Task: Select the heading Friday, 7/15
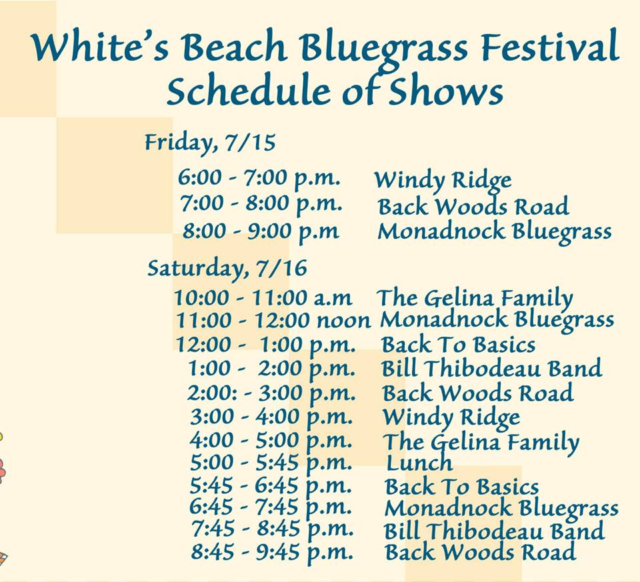coord(210,143)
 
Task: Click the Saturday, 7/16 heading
coord(227,269)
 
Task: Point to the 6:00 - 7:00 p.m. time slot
coord(259,179)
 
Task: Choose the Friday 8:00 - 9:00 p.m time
coord(261,231)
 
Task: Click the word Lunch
coord(419,463)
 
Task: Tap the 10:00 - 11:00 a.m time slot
coord(263,297)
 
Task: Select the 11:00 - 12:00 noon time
coord(273,321)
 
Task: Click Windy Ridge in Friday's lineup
coord(443,181)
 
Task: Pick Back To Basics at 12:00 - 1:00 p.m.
coord(459,345)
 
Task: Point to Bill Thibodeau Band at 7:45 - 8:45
coord(494,531)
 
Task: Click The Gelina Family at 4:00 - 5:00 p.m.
coord(481,442)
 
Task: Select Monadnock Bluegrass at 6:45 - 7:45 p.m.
coord(501,509)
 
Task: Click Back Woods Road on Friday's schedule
coord(473,206)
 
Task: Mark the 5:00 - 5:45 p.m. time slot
coord(271,463)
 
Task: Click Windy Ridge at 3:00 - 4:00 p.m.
coord(451,417)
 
